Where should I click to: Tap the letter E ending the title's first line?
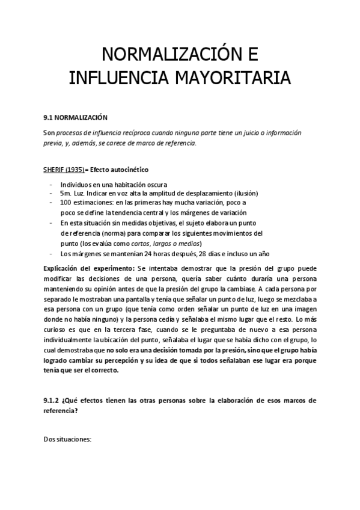pos(252,55)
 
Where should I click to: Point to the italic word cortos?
pos(133,243)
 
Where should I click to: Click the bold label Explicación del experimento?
pos(90,268)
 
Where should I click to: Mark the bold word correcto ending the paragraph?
pos(103,370)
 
